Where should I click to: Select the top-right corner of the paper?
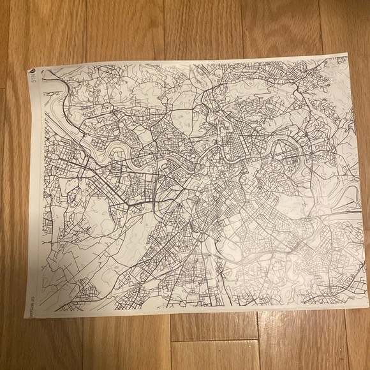tap(346, 57)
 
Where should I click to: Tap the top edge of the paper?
tap(191, 61)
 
